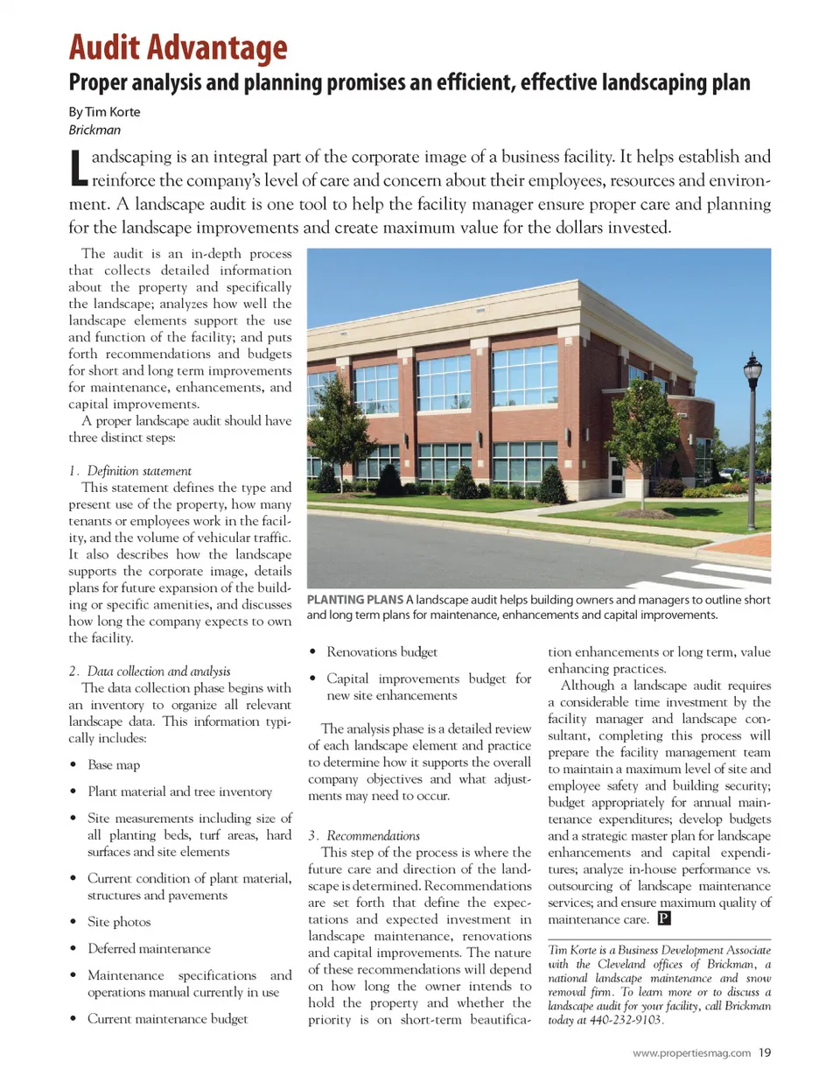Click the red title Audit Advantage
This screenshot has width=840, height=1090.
[x=178, y=47]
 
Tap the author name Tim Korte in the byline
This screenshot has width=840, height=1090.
[x=112, y=112]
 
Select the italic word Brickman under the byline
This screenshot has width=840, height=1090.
[x=94, y=130]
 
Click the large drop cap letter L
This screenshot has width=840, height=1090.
[x=78, y=168]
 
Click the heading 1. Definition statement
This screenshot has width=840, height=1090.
[x=130, y=471]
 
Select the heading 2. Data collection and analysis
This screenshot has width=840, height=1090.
[x=150, y=672]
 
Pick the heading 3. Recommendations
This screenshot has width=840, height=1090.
[x=364, y=836]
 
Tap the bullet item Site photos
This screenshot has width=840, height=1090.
[x=119, y=922]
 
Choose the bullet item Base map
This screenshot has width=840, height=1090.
[x=114, y=765]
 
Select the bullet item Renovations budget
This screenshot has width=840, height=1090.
[x=381, y=652]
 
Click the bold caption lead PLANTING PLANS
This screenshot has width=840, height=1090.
[x=354, y=600]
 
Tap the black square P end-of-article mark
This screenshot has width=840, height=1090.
[x=664, y=918]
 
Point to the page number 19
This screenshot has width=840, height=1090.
[x=765, y=1053]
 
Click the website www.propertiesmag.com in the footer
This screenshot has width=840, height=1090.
[x=691, y=1053]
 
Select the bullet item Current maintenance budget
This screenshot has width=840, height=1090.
[x=167, y=1019]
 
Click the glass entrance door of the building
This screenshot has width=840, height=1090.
[x=617, y=476]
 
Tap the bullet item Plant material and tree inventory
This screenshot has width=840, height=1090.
[x=179, y=791]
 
